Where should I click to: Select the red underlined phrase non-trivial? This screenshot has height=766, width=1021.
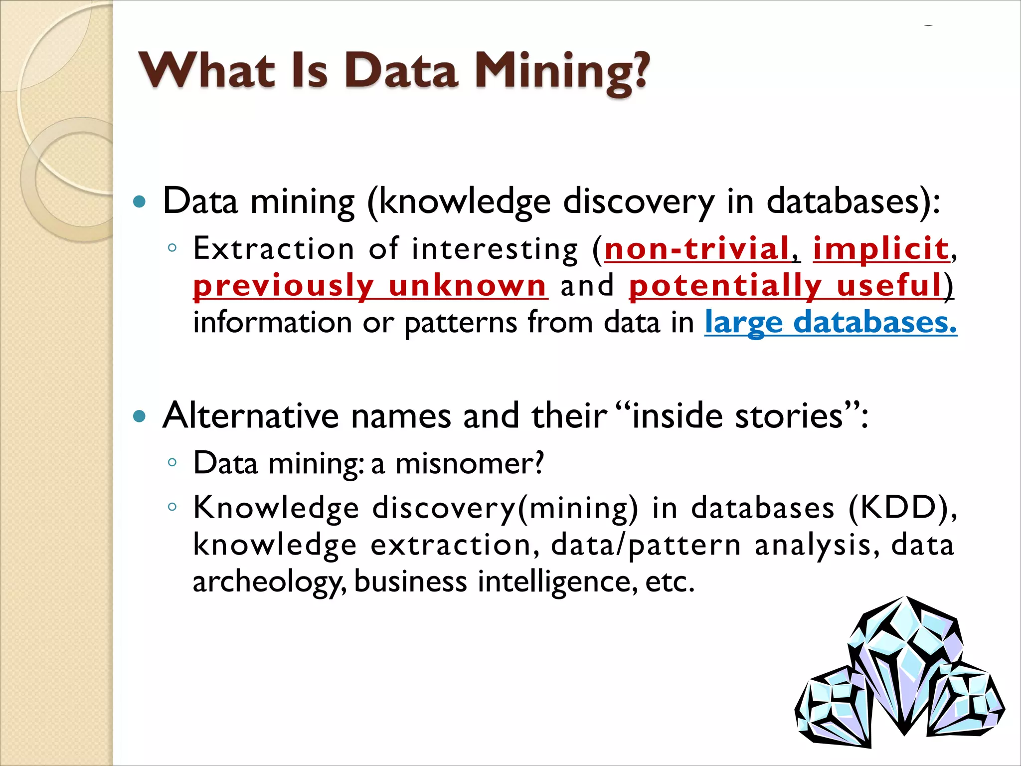[x=697, y=248]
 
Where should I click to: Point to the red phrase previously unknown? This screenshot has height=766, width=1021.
[x=370, y=286]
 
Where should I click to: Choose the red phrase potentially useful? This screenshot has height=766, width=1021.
[x=785, y=286]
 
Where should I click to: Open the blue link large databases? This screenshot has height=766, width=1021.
[x=831, y=322]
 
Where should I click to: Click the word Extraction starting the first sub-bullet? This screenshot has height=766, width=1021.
[x=274, y=248]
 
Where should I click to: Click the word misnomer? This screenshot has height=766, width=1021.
[x=469, y=463]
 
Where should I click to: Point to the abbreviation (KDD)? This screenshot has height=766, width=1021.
[x=902, y=508]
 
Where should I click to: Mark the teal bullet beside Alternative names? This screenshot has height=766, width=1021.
[x=140, y=416]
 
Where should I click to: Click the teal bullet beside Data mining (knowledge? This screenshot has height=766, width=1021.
[x=140, y=202]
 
